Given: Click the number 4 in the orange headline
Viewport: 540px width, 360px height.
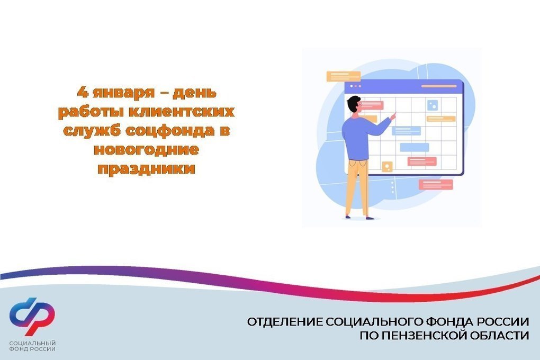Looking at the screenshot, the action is point(83,92).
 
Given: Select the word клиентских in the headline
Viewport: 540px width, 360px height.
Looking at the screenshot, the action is point(183,112).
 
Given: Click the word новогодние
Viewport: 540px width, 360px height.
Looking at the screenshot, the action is point(146,149).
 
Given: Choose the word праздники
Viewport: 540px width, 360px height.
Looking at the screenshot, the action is point(146,169).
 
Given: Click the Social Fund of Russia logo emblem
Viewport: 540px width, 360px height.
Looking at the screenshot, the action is point(32,317).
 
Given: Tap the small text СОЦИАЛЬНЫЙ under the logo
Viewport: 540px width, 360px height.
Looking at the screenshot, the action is point(32,343).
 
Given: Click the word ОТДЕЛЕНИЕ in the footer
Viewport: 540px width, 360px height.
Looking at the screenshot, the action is point(285,322).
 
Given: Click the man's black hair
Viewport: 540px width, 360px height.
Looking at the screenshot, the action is point(354,104).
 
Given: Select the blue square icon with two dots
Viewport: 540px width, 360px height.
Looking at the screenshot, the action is point(433,105).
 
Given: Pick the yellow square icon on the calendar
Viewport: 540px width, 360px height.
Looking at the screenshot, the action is point(387,167).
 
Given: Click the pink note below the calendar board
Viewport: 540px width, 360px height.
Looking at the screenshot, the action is point(436,185).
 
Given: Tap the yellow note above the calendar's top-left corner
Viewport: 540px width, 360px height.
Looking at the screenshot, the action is point(344,76).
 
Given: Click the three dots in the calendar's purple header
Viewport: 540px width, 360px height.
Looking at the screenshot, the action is point(355,86).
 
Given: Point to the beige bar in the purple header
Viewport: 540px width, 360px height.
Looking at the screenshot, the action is point(439,86).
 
